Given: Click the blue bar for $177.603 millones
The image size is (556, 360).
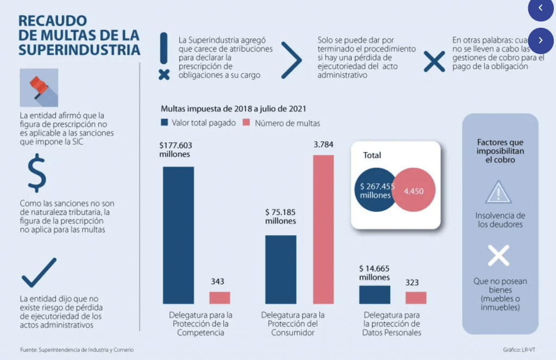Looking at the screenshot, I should pos(178,235).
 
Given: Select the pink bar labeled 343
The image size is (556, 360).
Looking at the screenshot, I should pos(220,298).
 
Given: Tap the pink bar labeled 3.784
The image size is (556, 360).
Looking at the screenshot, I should pos(323,229).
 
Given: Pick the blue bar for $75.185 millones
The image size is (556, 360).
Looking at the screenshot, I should pos(281,269).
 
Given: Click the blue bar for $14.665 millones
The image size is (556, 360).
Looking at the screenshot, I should pos(375,295).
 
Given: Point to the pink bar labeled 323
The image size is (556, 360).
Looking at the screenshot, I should pos(416,298).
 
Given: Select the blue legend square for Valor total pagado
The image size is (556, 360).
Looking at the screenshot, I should pos(165,123).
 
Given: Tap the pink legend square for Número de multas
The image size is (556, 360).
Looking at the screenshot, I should pos(245,123).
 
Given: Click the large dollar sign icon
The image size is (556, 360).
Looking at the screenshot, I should pos(37,173).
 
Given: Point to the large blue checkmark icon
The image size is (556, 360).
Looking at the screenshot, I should pos(39,273).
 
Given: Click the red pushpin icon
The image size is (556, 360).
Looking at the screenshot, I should pos(39,87).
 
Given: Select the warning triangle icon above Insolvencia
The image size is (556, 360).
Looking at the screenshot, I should pos(499,192).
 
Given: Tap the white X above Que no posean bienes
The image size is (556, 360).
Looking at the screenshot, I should pos(498,255).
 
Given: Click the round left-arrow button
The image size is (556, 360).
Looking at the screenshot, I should pos(540,8).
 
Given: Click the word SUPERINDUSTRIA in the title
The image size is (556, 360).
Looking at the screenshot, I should pos(79,49).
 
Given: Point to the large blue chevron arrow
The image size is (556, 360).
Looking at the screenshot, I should pos(291,60).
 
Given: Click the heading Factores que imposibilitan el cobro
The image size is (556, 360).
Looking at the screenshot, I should pos(500,151).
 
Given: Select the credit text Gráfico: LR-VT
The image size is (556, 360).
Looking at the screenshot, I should pos(518,350).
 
